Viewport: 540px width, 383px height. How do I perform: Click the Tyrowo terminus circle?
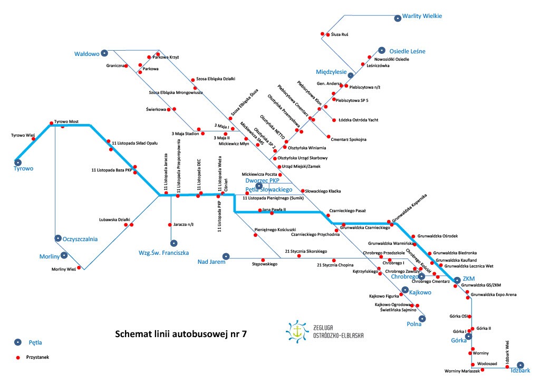click(18, 162)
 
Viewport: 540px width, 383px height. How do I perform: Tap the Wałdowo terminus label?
click(87, 53)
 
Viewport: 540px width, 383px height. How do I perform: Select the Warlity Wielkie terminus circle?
click(397, 17)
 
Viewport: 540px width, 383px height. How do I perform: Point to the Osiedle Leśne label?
click(407, 51)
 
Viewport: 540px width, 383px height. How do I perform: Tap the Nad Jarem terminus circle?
click(225, 255)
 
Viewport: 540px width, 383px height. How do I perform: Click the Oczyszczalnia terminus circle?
click(57, 238)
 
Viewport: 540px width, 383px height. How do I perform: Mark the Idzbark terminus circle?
click(520, 365)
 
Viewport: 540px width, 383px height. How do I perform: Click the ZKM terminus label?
click(469, 280)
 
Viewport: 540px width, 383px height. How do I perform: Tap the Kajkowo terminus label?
click(420, 292)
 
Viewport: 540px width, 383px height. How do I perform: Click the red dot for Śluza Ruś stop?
click(323, 35)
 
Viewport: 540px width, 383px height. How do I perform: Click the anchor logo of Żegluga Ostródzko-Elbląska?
click(297, 331)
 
